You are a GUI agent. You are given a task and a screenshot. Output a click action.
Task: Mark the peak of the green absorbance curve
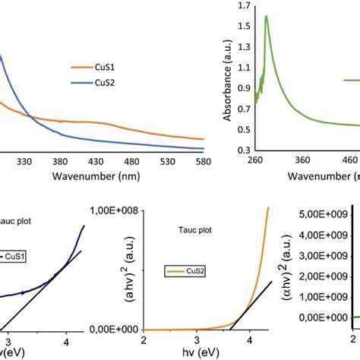266,16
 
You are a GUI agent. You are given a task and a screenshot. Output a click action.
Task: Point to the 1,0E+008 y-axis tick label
113,210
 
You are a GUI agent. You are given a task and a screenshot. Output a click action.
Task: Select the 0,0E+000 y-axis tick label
113,330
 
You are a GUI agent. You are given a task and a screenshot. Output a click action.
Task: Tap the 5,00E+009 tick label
322,216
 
